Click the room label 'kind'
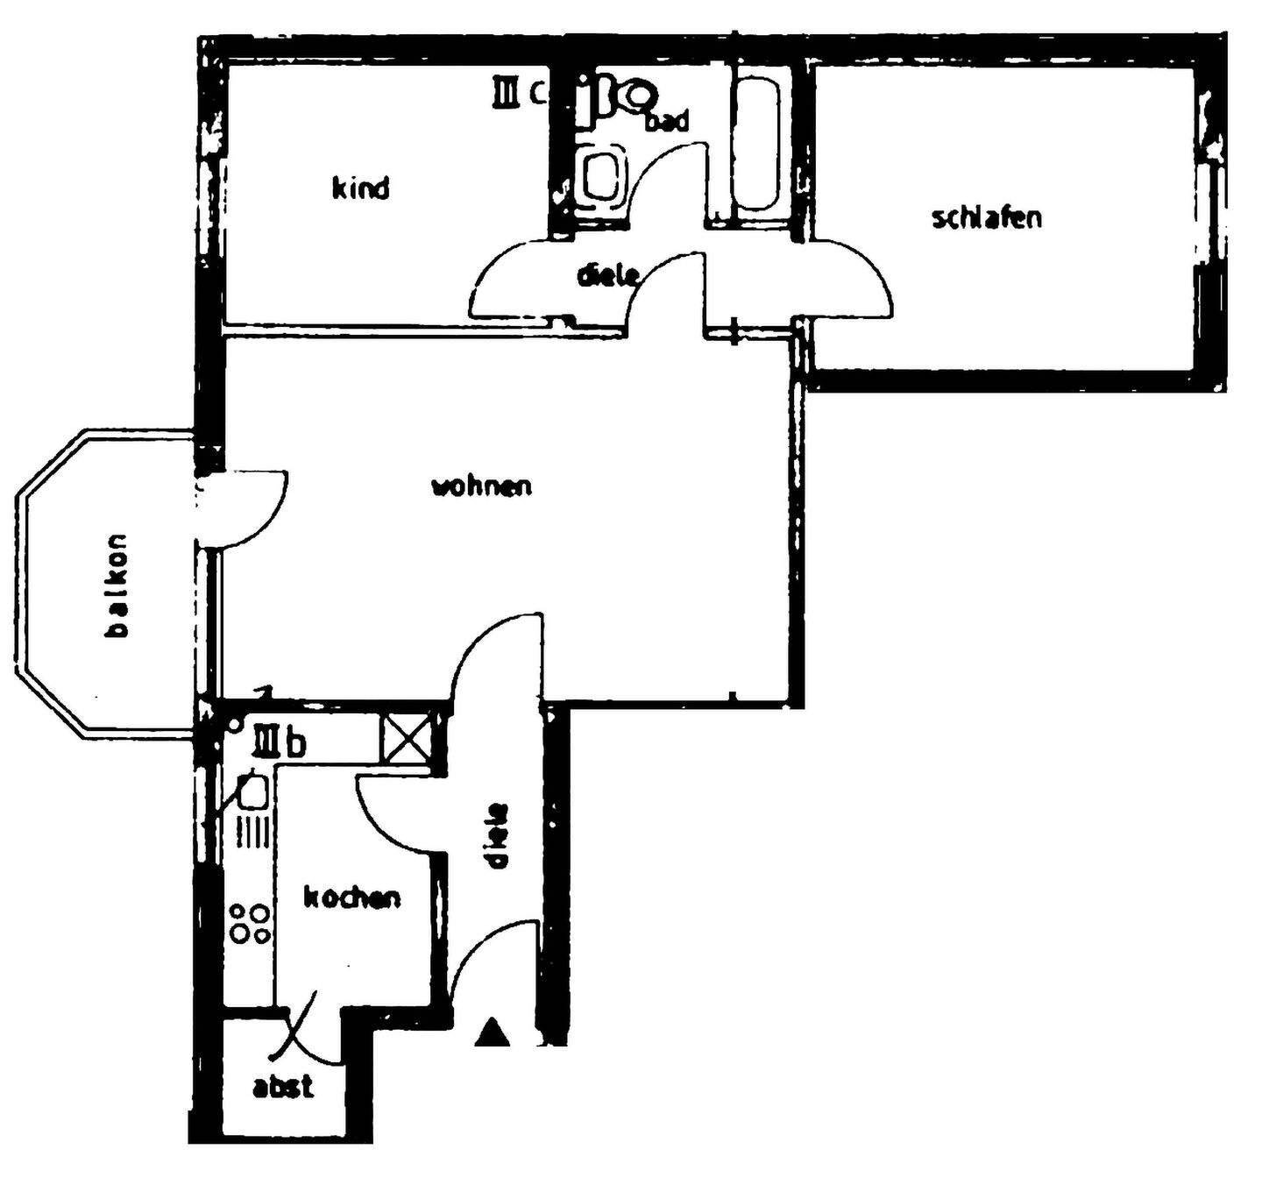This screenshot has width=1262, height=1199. click(x=360, y=188)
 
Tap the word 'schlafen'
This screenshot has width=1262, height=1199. click(x=987, y=217)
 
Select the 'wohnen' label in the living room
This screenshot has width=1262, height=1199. click(x=481, y=486)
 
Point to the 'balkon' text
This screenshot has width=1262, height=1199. click(x=117, y=585)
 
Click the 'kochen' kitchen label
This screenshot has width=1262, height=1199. click(x=351, y=897)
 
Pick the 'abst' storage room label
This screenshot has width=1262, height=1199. click(x=282, y=1087)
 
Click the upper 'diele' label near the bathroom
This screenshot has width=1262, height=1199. click(x=606, y=274)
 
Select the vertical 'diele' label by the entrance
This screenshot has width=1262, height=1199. click(x=496, y=835)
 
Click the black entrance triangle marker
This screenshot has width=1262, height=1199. click(x=492, y=1032)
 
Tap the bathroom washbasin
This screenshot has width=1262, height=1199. click(x=603, y=175)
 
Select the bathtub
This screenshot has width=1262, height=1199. click(x=759, y=145)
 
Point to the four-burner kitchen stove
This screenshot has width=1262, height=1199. click(x=249, y=922)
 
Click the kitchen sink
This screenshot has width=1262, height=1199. click(x=252, y=791)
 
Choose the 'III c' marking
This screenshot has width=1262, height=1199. click(x=519, y=91)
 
